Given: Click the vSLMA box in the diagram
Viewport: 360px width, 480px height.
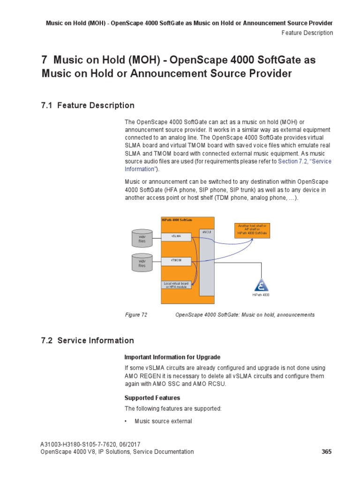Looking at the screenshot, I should (176, 237).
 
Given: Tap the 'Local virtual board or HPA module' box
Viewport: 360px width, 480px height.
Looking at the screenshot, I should (176, 285).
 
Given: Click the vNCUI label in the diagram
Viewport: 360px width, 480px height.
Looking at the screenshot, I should (206, 232).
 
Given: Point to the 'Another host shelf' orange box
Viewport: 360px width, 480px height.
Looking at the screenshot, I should (252, 230).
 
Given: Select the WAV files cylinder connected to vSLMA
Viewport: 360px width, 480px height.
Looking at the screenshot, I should (142, 238).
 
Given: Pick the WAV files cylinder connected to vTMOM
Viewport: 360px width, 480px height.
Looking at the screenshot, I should (142, 262).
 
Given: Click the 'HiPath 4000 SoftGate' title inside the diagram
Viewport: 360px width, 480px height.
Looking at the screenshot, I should (177, 219).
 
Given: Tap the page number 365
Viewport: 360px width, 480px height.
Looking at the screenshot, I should (327, 452).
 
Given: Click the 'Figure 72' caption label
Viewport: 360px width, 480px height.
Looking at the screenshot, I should (136, 315).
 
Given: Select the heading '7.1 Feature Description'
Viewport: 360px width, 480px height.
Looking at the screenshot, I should (88, 105).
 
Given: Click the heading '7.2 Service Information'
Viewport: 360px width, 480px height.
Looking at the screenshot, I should (88, 341).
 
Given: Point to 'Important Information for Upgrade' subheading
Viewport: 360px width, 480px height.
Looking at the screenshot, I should (172, 357).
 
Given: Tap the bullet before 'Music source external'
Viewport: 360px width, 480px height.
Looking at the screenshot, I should (126, 421).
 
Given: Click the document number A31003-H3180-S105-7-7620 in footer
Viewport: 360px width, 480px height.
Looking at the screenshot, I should (82, 444).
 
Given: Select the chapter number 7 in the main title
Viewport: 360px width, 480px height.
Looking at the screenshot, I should (45, 60).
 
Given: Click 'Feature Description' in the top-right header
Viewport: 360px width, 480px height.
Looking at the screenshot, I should (307, 33).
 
